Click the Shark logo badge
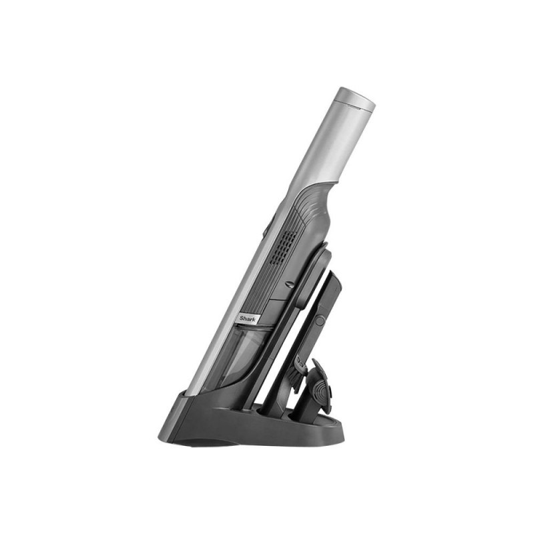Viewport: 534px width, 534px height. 249,319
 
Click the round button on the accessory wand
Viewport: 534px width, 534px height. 320,321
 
